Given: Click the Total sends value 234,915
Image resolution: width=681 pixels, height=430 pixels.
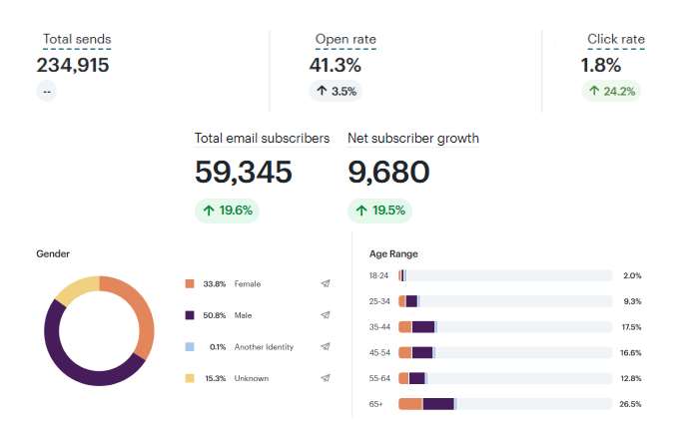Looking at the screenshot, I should pyautogui.click(x=73, y=66).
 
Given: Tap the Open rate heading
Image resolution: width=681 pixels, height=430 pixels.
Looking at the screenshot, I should pyautogui.click(x=345, y=40).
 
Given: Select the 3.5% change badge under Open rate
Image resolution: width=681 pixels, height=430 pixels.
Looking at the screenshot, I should pyautogui.click(x=336, y=91).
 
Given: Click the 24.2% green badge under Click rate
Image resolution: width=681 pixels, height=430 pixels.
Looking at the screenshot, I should pyautogui.click(x=612, y=91).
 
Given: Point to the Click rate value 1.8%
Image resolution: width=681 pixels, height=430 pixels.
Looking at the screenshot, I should pyautogui.click(x=601, y=66).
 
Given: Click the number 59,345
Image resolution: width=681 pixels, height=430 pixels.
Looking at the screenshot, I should pyautogui.click(x=244, y=172).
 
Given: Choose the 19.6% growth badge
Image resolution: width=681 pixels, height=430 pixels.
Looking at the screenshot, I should pyautogui.click(x=227, y=211).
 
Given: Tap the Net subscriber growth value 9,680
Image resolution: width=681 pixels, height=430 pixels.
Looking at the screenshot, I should pyautogui.click(x=388, y=172).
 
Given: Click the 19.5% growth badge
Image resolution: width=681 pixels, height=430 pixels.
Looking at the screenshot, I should pyautogui.click(x=379, y=211).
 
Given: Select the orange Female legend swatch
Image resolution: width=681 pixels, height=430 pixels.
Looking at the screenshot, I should pyautogui.click(x=190, y=284).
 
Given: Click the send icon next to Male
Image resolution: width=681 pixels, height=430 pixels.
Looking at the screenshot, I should pyautogui.click(x=326, y=315).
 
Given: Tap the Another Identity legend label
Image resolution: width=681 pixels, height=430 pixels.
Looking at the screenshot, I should pyautogui.click(x=264, y=347).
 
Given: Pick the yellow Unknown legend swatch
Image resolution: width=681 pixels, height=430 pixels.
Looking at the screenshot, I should pyautogui.click(x=190, y=378).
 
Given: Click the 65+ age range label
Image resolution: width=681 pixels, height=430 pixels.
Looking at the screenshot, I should pyautogui.click(x=377, y=404).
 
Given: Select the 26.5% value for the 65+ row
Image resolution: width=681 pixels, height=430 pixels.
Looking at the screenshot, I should pyautogui.click(x=630, y=404).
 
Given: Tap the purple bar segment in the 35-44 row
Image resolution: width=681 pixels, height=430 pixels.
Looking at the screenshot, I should pyautogui.click(x=423, y=326).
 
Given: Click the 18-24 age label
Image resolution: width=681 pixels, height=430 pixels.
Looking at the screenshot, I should pyautogui.click(x=378, y=275).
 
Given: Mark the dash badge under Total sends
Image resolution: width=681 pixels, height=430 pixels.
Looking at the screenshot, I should pyautogui.click(x=47, y=91).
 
